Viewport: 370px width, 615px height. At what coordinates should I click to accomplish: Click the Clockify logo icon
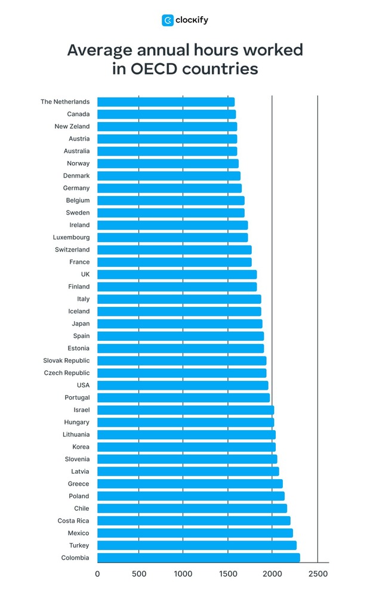click(x=167, y=20)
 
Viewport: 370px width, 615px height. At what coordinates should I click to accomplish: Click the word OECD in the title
click(x=155, y=69)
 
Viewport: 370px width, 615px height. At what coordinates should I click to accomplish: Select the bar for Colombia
click(x=199, y=558)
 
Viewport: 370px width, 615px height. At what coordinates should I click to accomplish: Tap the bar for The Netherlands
click(x=166, y=102)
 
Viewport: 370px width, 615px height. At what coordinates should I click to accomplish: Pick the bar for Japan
click(x=180, y=324)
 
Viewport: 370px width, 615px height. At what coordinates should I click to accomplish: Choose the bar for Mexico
click(x=195, y=533)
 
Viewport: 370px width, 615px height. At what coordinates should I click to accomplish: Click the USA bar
click(x=183, y=385)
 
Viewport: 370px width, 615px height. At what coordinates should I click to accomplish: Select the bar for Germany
click(x=169, y=188)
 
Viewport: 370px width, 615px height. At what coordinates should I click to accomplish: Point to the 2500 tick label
click(x=317, y=574)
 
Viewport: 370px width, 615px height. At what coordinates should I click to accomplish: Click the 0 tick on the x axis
click(x=97, y=574)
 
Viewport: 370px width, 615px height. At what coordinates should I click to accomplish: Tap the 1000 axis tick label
click(x=183, y=574)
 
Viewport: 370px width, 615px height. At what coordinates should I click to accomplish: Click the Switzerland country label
click(x=72, y=250)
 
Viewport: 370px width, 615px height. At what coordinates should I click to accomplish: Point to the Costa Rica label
click(x=73, y=521)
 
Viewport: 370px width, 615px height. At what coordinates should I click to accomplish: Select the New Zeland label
click(x=72, y=126)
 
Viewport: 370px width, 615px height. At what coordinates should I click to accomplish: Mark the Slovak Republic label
click(x=66, y=361)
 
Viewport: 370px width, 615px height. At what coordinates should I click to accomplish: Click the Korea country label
click(x=81, y=447)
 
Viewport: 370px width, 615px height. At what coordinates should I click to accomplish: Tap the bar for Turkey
click(x=197, y=546)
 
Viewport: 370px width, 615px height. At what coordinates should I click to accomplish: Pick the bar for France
click(x=174, y=262)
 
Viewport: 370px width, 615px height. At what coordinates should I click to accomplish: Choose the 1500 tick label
click(x=228, y=574)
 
